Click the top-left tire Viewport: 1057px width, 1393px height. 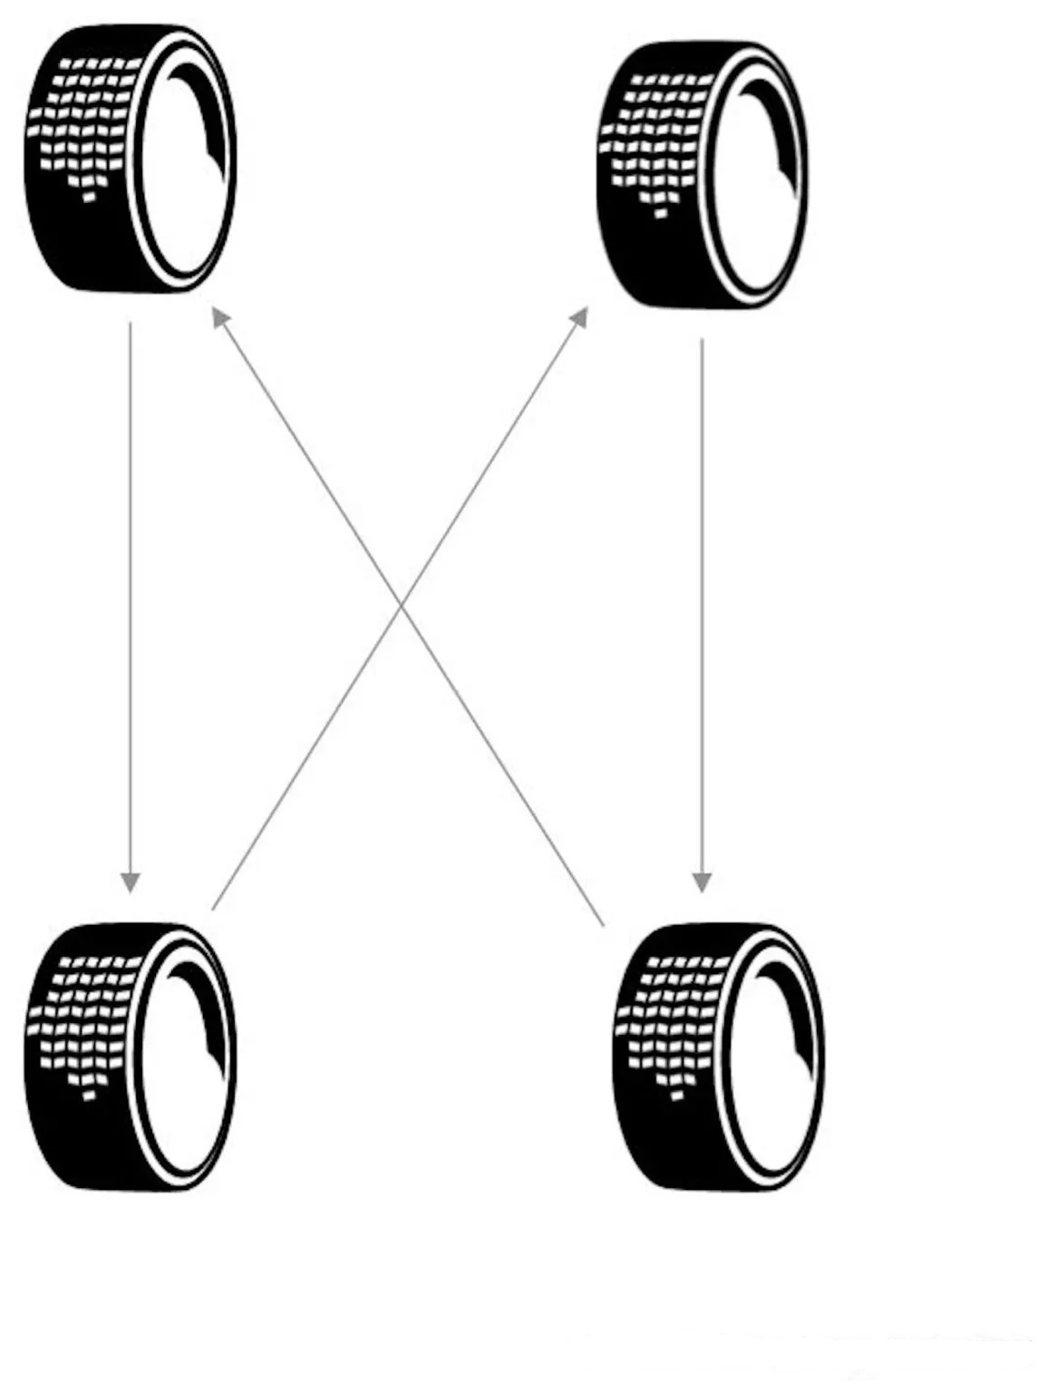coord(130,159)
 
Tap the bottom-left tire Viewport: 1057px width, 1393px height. coord(130,1056)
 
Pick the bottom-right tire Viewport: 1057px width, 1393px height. coord(719,1056)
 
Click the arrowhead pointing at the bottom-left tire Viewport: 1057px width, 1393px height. coord(131,882)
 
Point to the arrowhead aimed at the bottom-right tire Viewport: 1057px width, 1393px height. coord(702,882)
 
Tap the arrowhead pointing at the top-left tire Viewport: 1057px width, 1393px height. coord(220,317)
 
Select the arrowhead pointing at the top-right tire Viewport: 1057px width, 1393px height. coord(578,317)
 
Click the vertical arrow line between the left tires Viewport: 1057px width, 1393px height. coord(131,599)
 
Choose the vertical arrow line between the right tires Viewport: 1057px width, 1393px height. coord(702,608)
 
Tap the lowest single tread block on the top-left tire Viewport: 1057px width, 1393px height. coord(89,198)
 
